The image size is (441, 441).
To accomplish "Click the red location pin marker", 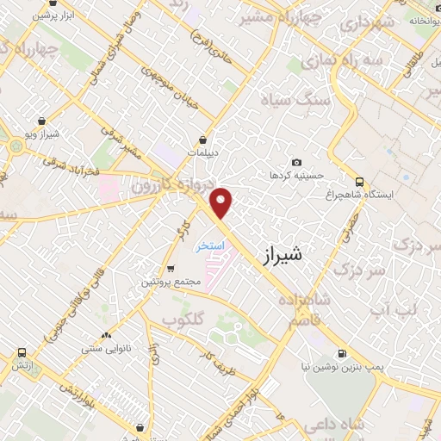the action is [x=222, y=202].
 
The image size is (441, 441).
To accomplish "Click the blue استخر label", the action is [x=210, y=245].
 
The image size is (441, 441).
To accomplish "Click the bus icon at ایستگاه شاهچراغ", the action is [x=360, y=183].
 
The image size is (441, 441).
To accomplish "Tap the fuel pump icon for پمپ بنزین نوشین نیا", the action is [x=343, y=353].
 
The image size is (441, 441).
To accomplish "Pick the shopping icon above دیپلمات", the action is [x=203, y=140].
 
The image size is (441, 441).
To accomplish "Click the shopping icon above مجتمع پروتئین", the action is [x=170, y=269].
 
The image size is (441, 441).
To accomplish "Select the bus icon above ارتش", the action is [x=22, y=353].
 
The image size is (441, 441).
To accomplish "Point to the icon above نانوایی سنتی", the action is [x=106, y=335].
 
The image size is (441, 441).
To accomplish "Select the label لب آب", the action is [x=393, y=307].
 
